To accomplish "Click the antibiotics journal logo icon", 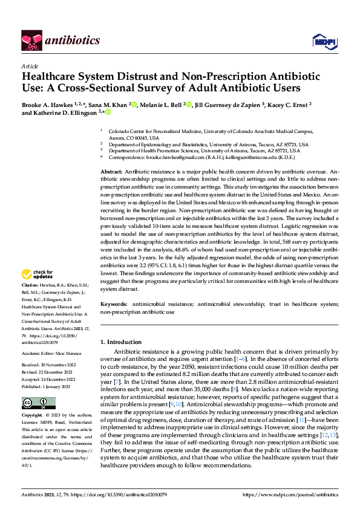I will [32, 40].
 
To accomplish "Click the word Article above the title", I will [30, 65].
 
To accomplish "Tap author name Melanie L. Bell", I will [163, 104].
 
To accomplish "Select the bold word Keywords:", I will [114, 304].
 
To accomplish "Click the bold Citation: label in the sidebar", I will [31, 284].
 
